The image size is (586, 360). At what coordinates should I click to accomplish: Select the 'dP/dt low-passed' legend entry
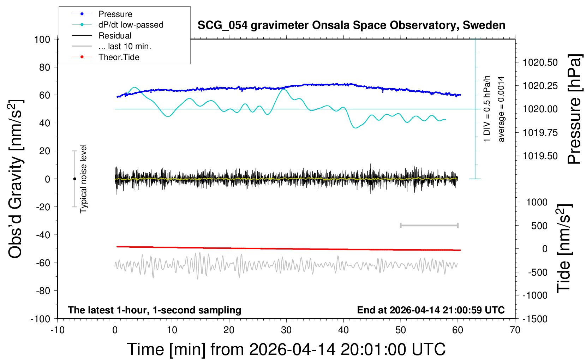click(131, 25)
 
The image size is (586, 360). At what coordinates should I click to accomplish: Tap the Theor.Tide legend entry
click(119, 57)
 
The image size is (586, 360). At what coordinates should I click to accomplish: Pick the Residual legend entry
click(115, 36)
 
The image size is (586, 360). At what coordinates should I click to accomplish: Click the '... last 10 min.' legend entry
click(125, 46)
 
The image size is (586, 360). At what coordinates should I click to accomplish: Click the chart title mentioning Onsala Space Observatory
click(351, 25)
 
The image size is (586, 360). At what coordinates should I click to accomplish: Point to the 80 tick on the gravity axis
click(44, 67)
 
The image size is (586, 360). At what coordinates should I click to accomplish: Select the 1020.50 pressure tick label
click(540, 62)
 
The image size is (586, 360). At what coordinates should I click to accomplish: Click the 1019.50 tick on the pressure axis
click(540, 156)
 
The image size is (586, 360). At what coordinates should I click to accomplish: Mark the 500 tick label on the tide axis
click(539, 226)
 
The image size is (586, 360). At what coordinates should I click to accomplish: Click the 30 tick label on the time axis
click(286, 330)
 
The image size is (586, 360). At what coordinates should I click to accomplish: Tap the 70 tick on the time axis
click(515, 330)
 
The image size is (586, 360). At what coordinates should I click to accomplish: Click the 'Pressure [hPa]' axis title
click(574, 109)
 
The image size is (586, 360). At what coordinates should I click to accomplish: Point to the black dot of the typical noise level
click(74, 179)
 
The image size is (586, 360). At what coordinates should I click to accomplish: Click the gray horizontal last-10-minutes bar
click(429, 225)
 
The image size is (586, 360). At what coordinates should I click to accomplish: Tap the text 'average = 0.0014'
click(501, 109)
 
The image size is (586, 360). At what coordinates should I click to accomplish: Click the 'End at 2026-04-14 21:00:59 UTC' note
click(431, 310)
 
